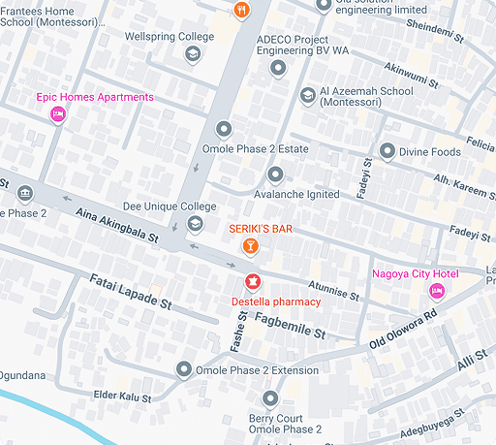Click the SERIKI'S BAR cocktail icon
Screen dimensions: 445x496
pos(250,247)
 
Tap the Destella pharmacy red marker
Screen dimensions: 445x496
pos(252,282)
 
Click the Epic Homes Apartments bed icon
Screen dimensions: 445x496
pos(57,115)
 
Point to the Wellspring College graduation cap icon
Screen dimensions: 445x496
pos(193,54)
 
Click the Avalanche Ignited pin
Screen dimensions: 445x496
pos(276,175)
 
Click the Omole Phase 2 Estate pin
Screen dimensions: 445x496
pos(225,129)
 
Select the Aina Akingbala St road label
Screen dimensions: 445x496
pos(116,224)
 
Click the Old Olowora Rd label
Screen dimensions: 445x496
pos(404,332)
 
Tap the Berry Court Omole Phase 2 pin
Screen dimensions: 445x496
pos(270,398)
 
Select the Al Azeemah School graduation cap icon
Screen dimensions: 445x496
pos(308,95)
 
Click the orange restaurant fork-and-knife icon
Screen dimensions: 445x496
pos(241,10)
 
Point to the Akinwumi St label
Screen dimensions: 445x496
pos(412,74)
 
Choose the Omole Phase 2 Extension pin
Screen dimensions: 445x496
pos(184,369)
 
